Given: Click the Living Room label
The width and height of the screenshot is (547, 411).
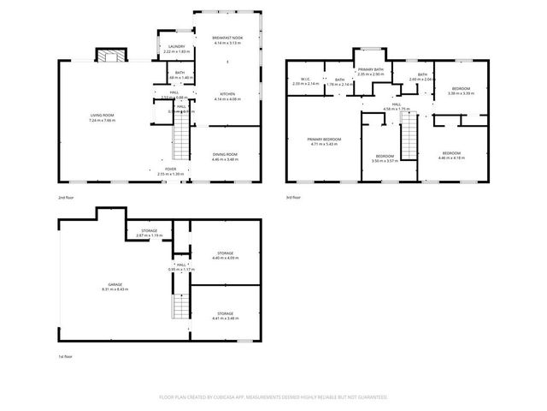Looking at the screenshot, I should click(x=102, y=117).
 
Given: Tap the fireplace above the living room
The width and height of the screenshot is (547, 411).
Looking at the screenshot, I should click(x=109, y=57).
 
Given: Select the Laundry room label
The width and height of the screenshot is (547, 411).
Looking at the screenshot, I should click(x=177, y=49).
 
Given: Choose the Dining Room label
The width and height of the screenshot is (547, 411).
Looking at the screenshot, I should click(x=226, y=157).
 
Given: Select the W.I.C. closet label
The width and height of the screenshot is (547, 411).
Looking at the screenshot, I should click(x=305, y=81).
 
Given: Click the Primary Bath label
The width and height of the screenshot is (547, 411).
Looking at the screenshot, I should click(x=371, y=72).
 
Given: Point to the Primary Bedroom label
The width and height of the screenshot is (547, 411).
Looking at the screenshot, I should click(x=324, y=141).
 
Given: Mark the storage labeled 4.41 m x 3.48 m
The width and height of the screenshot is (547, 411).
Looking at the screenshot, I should click(x=225, y=316).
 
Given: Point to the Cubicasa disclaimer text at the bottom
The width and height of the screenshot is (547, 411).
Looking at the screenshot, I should click(x=273, y=397).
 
